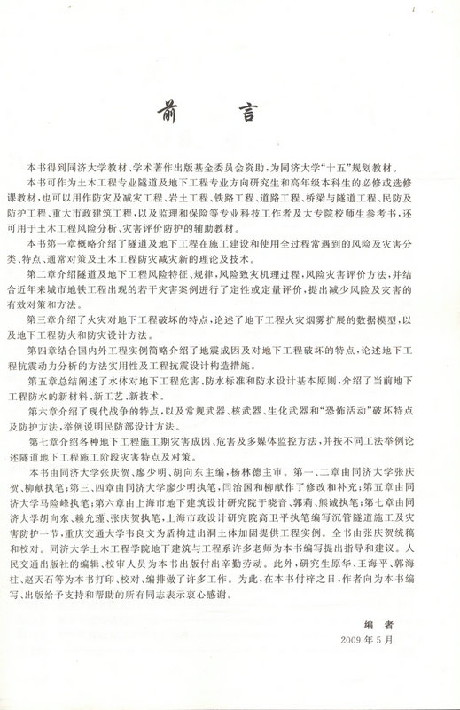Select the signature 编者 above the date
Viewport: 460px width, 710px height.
tap(374, 624)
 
